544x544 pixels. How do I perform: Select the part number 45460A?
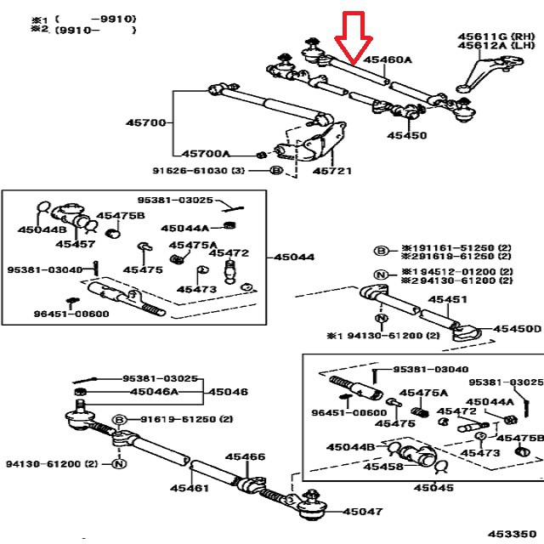coord(388,60)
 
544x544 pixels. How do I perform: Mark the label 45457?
coord(76,243)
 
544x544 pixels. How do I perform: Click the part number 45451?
coord(447,301)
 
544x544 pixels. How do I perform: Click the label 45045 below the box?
coord(433,488)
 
